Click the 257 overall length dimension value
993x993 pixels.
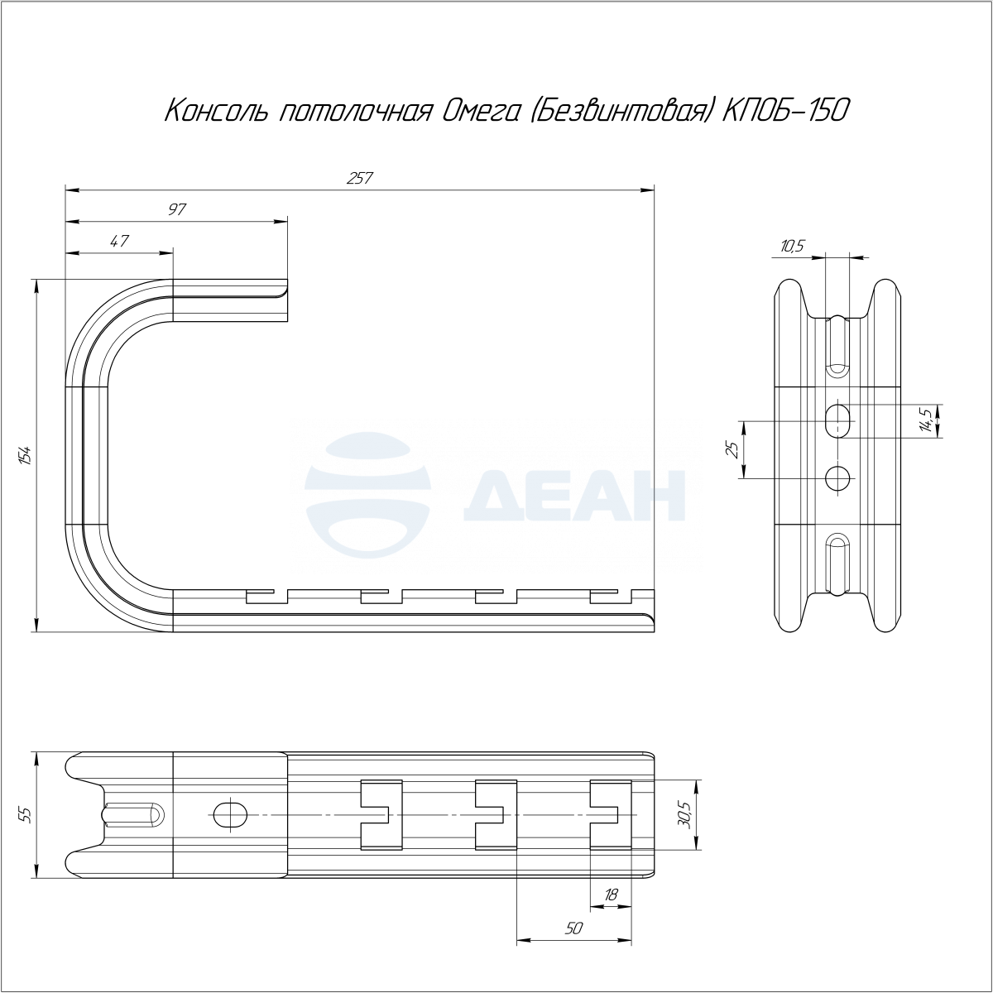[359, 178]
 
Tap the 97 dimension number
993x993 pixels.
[176, 209]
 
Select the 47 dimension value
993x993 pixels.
[119, 241]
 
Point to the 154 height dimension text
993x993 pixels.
[26, 456]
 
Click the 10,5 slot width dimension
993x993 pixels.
[792, 247]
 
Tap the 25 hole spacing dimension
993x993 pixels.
[732, 450]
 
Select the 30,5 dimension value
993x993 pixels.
[684, 815]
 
